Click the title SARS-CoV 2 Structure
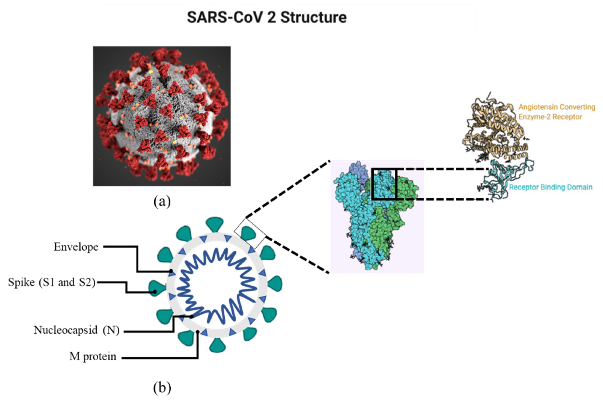pos(267,17)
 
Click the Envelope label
pos(76,247)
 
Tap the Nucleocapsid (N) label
pos(76,330)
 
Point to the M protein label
pos(93,356)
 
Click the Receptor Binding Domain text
pos(551,187)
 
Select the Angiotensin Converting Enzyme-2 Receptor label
pos(557,112)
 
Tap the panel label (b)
pos(162,388)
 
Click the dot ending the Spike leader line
pos(154,292)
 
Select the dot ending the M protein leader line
pos(198,332)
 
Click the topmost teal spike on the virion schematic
pos(215,225)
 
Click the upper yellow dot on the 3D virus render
pos(151,72)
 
